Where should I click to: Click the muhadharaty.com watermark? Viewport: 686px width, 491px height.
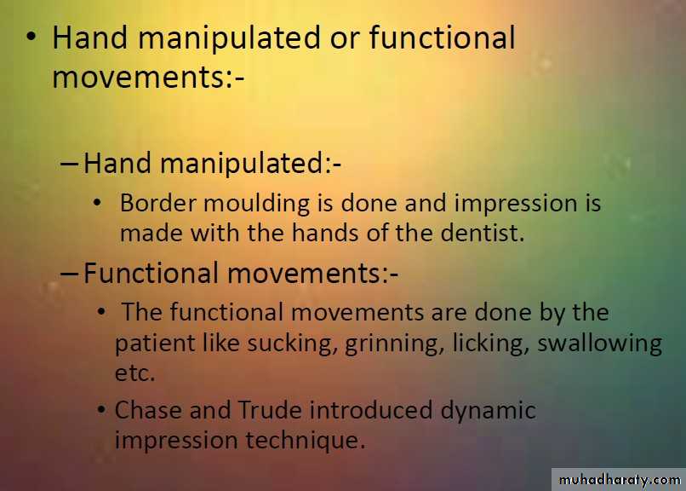620,480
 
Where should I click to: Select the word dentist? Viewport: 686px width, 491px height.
482,233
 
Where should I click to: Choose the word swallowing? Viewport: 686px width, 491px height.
599,344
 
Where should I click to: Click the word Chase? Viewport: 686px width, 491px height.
148,410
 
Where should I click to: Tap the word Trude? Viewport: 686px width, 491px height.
270,410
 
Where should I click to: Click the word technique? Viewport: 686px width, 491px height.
305,440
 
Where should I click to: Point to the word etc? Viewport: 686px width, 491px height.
134,373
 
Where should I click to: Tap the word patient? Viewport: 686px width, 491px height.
155,344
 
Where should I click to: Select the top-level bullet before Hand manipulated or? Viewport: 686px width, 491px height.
31,36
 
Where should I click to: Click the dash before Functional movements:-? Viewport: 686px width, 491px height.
69,274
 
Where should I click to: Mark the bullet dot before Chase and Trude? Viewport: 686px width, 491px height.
101,410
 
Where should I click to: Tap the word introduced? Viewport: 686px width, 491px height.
371,410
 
